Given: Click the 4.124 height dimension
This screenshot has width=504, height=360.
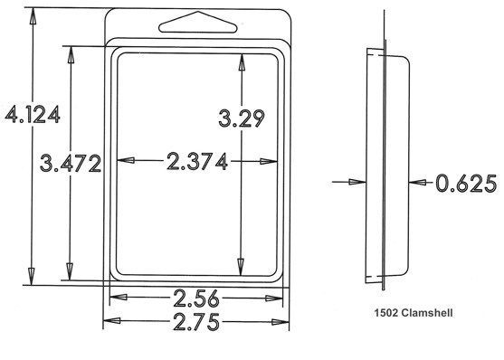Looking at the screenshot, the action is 33,114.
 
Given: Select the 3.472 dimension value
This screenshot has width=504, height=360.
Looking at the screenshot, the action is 71,163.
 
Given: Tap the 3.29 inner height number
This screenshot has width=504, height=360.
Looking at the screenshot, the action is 242,118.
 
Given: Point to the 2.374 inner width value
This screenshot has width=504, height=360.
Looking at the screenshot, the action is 197,161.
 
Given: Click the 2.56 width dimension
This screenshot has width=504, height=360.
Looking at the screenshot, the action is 196,298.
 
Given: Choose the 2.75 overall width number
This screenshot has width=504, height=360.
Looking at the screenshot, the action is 196,321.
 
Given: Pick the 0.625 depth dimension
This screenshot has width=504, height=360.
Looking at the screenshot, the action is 466,184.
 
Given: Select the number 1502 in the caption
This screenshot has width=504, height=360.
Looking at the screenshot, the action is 386,312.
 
